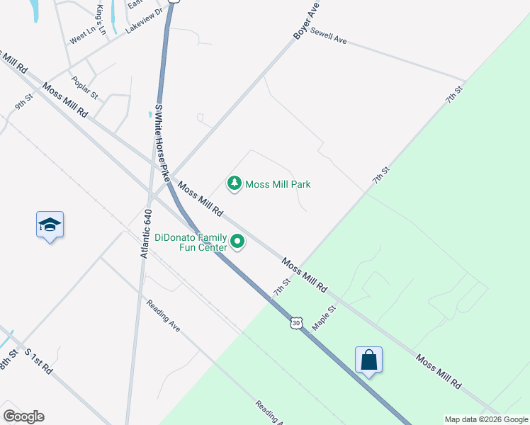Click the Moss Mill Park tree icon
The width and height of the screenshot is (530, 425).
coord(234,184)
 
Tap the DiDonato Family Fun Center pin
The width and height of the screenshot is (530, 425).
coord(238,243)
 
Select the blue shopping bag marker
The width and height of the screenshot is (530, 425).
coord(368,361)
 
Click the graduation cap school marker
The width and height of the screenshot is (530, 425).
coord(50,225)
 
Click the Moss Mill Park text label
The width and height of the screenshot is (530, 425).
coord(278,185)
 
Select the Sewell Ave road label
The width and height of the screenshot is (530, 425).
coord(328,37)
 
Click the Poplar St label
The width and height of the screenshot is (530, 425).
coord(84,87)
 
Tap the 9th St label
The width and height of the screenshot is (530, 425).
coord(24,102)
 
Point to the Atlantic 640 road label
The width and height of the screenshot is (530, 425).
coord(147,234)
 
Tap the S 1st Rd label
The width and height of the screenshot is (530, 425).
coord(38,361)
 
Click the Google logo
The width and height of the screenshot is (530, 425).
coord(23,416)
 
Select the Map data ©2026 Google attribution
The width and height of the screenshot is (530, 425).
coord(486,419)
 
